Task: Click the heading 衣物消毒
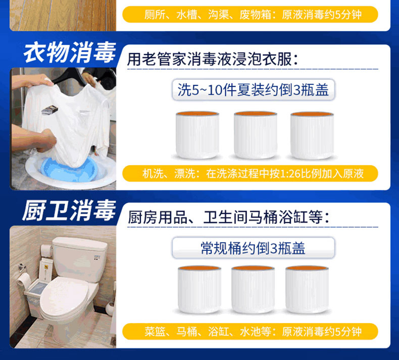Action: click(x=70, y=53)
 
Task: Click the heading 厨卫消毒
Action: click(x=69, y=211)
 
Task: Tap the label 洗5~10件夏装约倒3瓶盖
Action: click(x=253, y=90)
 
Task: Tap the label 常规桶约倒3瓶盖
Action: click(x=253, y=248)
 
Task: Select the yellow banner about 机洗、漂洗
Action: click(x=250, y=174)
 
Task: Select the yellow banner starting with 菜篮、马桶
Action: click(x=250, y=332)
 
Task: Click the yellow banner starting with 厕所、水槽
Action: click(x=250, y=15)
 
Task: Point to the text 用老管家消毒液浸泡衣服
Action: click(x=212, y=59)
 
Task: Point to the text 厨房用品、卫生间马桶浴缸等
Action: click(x=228, y=217)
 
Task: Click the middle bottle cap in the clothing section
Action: click(x=255, y=135)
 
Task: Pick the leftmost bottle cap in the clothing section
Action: click(x=197, y=135)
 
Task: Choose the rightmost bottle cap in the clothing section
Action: click(x=312, y=135)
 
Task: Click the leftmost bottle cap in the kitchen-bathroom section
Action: click(x=199, y=289)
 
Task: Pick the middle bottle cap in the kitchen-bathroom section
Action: click(x=253, y=289)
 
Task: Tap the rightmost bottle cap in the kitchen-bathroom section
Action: click(x=307, y=289)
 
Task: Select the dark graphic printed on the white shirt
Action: click(x=49, y=110)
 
